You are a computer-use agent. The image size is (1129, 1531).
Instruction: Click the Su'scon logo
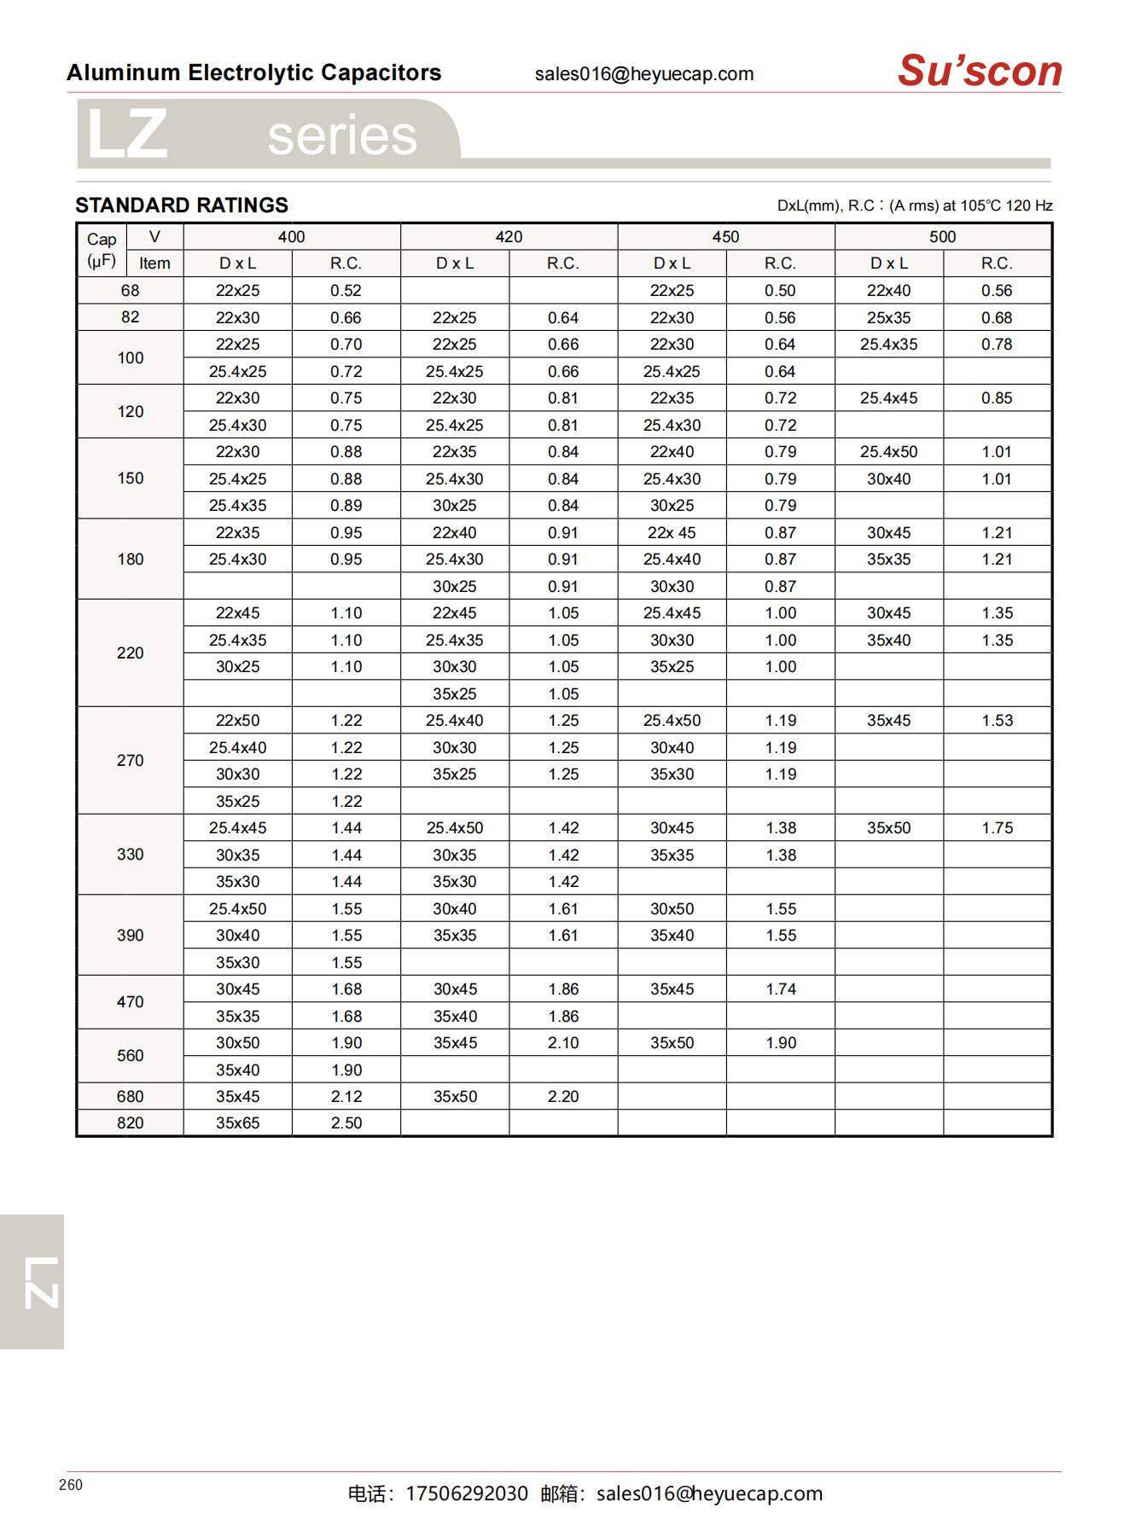point(979,71)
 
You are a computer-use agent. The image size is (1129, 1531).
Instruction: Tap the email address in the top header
point(644,74)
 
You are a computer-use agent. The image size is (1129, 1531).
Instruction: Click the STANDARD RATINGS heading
point(182,206)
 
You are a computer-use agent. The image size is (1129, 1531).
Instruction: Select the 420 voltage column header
point(509,237)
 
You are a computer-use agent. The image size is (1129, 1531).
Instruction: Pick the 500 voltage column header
point(942,237)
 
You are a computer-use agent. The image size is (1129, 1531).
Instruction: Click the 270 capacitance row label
point(130,760)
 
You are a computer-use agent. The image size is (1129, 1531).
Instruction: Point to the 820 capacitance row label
point(130,1122)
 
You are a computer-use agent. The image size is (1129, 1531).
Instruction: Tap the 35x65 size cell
point(237,1122)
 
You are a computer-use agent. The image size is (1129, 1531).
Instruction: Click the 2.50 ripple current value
point(346,1122)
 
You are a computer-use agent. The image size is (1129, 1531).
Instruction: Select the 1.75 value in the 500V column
point(997,827)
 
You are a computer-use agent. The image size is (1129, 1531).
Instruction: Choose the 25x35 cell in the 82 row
point(888,317)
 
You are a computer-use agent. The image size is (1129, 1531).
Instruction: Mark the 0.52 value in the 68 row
point(346,290)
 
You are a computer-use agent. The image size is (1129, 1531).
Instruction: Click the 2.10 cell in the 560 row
point(563,1042)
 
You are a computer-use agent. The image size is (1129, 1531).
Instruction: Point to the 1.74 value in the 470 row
point(781,989)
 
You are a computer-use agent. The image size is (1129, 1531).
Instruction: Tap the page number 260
point(71,1485)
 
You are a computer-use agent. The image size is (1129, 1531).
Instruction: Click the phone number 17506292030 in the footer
point(467,1493)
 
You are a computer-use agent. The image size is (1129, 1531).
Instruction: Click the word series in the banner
point(342,136)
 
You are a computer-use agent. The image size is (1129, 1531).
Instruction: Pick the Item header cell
point(154,264)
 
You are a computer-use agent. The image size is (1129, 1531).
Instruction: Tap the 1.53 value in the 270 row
point(997,720)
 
